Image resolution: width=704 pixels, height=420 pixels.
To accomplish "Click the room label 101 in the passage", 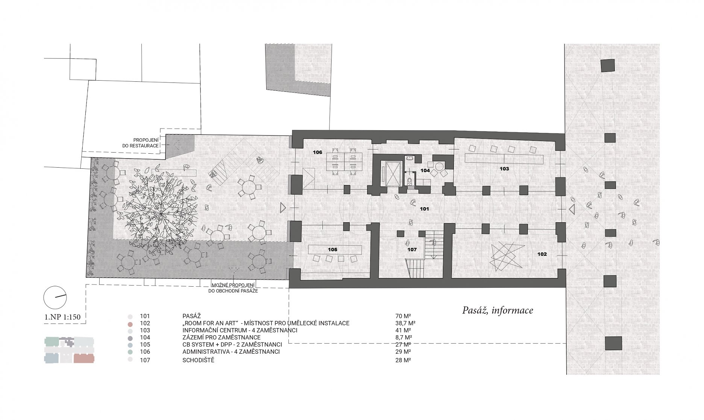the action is pos(424,209).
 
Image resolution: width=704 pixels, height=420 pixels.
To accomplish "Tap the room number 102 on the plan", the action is pos(542,254).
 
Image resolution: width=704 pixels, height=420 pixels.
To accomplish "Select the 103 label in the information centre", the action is pos(504,169).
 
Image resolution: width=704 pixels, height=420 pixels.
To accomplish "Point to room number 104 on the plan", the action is pos(425,171).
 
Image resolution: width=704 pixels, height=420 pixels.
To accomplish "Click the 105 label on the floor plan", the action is pos(332,249).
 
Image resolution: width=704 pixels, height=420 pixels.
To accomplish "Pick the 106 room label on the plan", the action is pos(318,153).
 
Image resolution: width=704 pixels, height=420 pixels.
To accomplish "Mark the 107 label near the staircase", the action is pos(412,249).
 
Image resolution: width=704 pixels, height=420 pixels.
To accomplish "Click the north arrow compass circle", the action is pos(55,297).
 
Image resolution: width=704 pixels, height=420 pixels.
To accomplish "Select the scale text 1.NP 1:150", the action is pos(62,317).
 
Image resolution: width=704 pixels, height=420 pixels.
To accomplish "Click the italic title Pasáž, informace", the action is pos(498,310).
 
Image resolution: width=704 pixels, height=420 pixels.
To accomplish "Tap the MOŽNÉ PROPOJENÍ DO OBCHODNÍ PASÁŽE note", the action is pos(233,288).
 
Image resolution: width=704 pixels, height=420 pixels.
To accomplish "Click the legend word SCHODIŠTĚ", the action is pos(198,360).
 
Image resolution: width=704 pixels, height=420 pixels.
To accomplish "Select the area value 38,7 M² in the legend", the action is pos(403,323).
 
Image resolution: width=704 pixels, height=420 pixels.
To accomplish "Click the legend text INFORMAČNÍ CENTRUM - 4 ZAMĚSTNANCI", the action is pos(240,330).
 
